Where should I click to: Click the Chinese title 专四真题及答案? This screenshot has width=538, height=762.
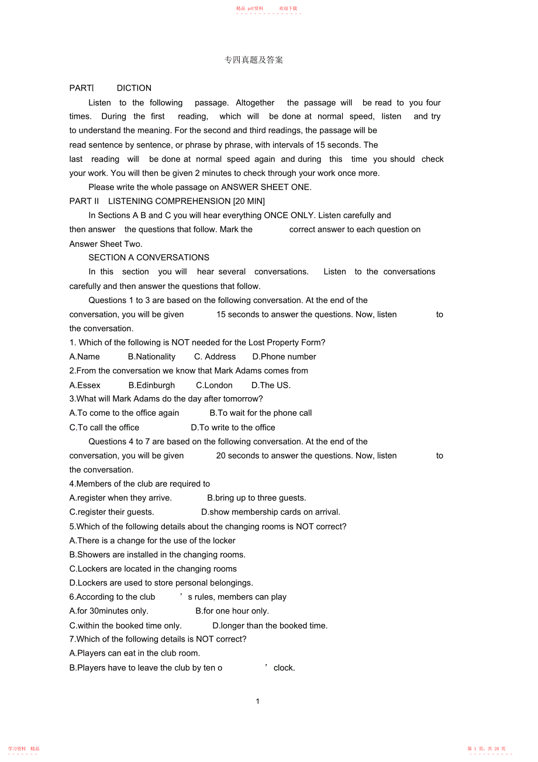pyautogui.click(x=254, y=60)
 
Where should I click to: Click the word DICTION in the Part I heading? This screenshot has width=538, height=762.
pyautogui.click(x=134, y=88)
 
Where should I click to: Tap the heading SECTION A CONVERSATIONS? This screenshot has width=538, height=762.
pyautogui.click(x=149, y=257)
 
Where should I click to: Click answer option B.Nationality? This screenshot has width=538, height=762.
pyautogui.click(x=151, y=357)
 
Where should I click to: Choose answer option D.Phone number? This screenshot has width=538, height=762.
pyautogui.click(x=284, y=357)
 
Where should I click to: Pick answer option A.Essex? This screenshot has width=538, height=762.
pyautogui.click(x=85, y=385)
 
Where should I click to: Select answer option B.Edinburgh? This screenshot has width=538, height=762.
pyautogui.click(x=151, y=385)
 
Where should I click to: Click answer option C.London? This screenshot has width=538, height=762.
pyautogui.click(x=214, y=385)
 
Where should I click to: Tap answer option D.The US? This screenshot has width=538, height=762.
pyautogui.click(x=271, y=385)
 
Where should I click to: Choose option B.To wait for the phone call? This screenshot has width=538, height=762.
pyautogui.click(x=261, y=413)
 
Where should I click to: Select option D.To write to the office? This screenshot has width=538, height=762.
pyautogui.click(x=233, y=427)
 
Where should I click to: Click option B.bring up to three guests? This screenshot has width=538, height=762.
pyautogui.click(x=257, y=498)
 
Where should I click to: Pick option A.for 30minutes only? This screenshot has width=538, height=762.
pyautogui.click(x=109, y=611)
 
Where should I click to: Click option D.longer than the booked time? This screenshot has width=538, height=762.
pyautogui.click(x=270, y=626)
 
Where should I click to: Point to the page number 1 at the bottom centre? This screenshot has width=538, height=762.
pyautogui.click(x=257, y=701)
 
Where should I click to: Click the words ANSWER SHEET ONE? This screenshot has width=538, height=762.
pyautogui.click(x=266, y=187)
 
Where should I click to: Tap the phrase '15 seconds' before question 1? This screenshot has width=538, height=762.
pyautogui.click(x=237, y=315)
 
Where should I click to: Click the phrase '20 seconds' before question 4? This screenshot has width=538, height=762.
pyautogui.click(x=237, y=456)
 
